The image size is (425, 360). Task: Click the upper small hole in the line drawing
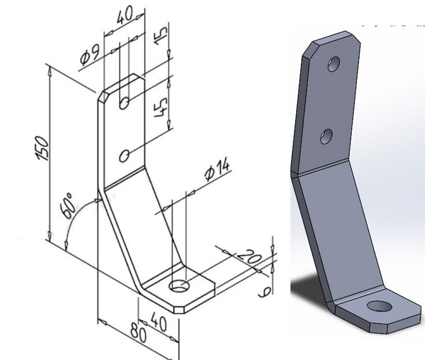pos(124,103)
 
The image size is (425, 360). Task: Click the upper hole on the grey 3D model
pos(334,63)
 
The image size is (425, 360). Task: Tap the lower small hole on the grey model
pos(326,136)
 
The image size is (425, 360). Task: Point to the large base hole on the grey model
pos(379,306)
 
